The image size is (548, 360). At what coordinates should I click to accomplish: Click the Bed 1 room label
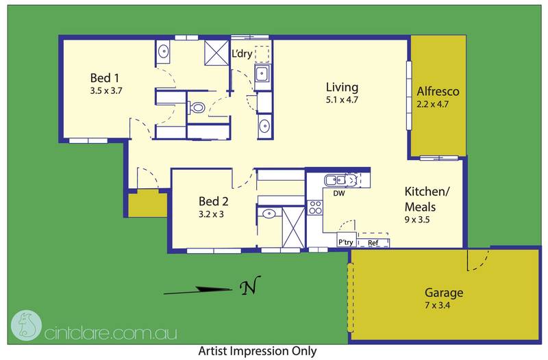click(x=105, y=78)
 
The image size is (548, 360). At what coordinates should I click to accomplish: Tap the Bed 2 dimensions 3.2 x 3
click(x=211, y=214)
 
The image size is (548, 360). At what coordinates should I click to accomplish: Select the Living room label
click(x=342, y=87)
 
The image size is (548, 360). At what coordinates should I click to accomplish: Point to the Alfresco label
click(x=438, y=92)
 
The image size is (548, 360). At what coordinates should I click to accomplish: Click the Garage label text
click(x=444, y=293)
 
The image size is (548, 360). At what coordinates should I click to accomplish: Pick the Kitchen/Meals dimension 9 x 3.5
click(x=417, y=220)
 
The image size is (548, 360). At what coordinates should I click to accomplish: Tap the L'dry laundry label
click(x=242, y=53)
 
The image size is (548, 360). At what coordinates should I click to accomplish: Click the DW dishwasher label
click(x=338, y=193)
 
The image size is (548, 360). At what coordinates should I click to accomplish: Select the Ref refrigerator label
click(x=373, y=243)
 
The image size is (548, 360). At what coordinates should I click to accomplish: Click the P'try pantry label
click(x=346, y=242)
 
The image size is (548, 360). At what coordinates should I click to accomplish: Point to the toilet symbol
click(x=197, y=107)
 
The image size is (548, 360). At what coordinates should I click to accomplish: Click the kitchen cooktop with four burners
click(x=315, y=207)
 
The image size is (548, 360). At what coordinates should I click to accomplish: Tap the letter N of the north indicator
click(x=250, y=285)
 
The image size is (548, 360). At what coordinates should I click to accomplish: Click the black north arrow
click(x=197, y=290)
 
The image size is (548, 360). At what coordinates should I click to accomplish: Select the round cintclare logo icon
click(x=27, y=325)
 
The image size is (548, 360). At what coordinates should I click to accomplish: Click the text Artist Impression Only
click(x=258, y=350)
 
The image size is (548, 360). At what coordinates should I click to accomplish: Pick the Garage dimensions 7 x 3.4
click(x=438, y=305)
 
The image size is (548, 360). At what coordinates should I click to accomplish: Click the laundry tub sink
click(x=262, y=74)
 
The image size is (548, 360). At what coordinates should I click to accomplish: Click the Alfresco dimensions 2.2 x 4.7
click(x=433, y=104)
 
